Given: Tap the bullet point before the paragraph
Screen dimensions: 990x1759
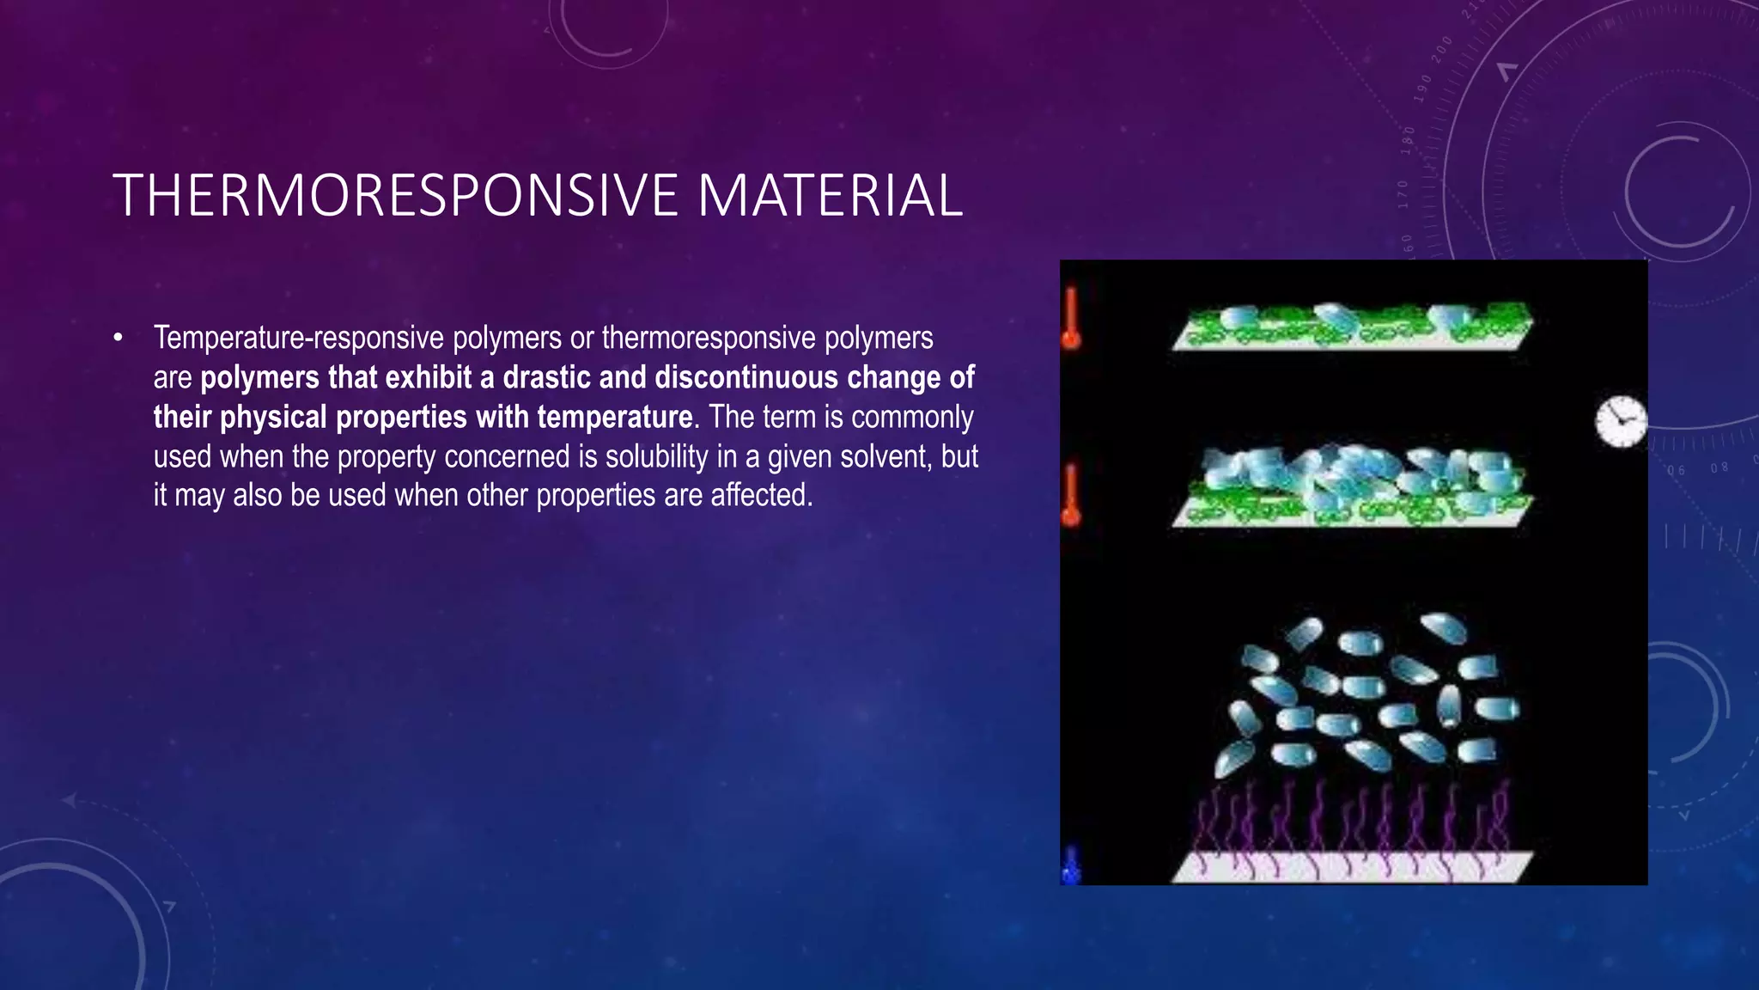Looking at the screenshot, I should [119, 338].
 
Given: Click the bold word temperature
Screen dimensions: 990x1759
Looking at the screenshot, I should [614, 418].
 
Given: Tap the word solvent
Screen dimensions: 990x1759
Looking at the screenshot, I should [886, 457].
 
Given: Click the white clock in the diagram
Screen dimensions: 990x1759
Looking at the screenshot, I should [1621, 422].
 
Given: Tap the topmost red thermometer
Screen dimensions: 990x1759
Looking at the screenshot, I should [1071, 319].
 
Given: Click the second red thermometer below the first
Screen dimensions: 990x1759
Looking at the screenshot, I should [1071, 496].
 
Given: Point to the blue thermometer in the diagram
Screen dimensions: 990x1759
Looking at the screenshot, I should [1070, 865].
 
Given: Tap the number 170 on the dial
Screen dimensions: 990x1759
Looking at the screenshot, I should [1403, 194].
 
